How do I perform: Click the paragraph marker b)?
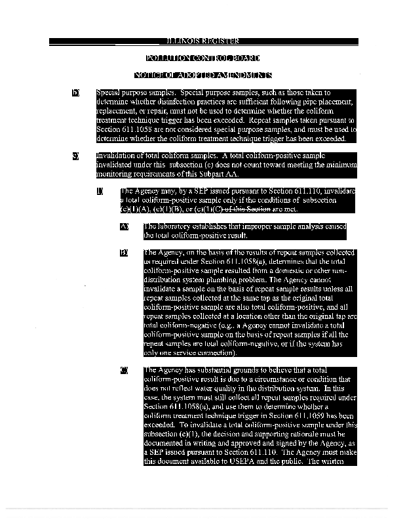coord(75,93)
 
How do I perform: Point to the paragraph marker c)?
coord(75,156)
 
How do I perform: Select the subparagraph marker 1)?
coord(100,191)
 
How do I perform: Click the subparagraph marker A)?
coord(124,226)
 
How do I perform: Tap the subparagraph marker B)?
coord(124,252)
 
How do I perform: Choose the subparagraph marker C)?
coord(124,370)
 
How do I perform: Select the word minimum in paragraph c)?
coord(340,165)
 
